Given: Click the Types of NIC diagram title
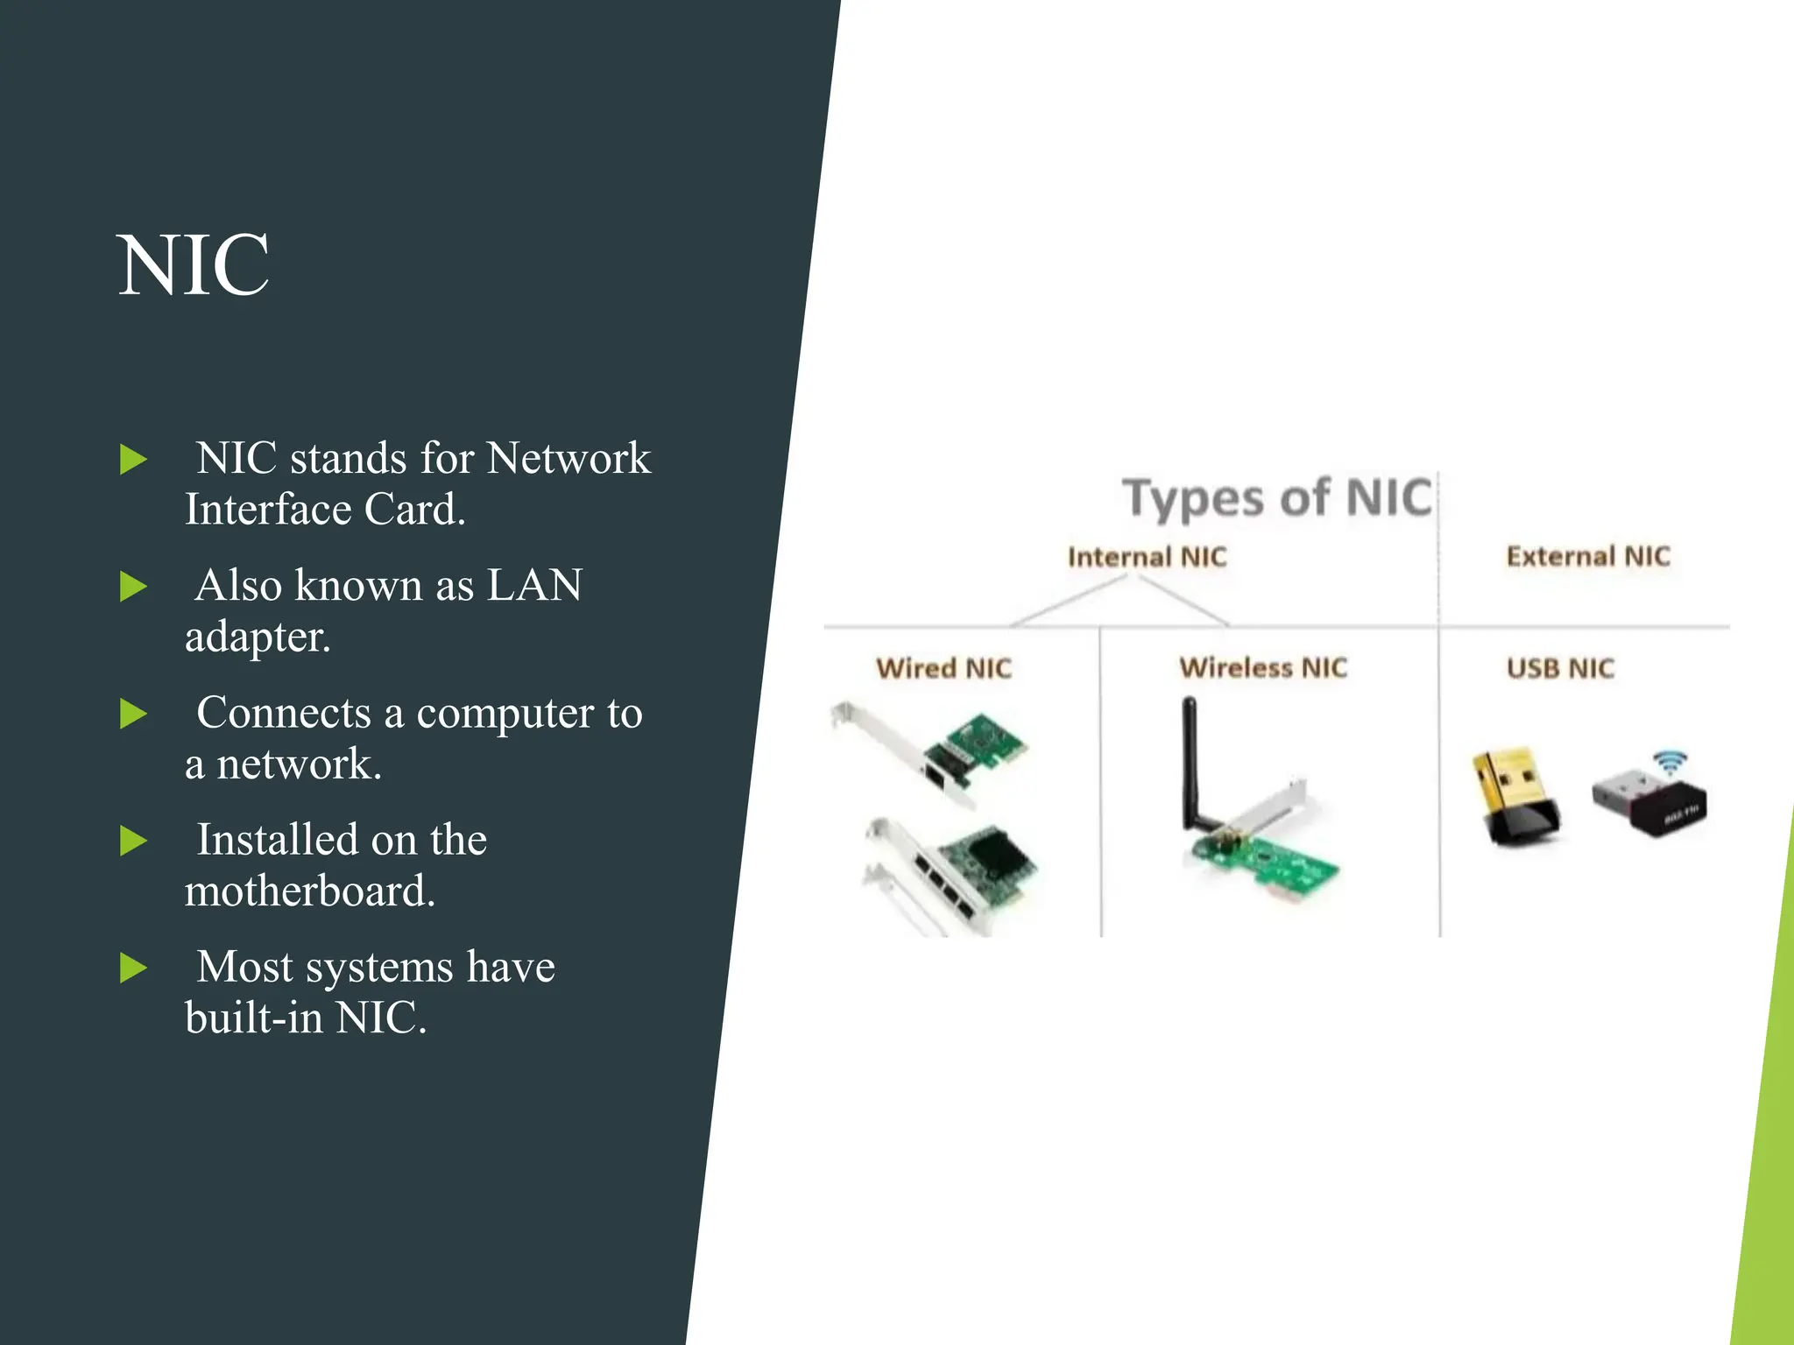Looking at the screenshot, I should pyautogui.click(x=1276, y=498).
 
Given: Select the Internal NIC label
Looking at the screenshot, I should pyautogui.click(x=1147, y=557).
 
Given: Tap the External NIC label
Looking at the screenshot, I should pyautogui.click(x=1587, y=556).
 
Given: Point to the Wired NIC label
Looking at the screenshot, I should pyautogui.click(x=943, y=668).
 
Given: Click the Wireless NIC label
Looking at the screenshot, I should pyautogui.click(x=1262, y=667).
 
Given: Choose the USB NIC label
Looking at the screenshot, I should pyautogui.click(x=1559, y=668).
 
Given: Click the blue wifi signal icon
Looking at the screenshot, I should pyautogui.click(x=1670, y=762).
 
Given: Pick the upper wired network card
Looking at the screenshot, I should pyautogui.click(x=937, y=754).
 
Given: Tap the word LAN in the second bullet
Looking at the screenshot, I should pyautogui.click(x=533, y=585).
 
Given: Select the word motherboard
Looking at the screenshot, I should pyautogui.click(x=309, y=891).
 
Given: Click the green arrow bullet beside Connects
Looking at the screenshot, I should pyautogui.click(x=133, y=714).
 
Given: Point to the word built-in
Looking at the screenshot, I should pyautogui.click(x=253, y=1018).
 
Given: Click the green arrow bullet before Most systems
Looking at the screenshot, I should pyautogui.click(x=133, y=968).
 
